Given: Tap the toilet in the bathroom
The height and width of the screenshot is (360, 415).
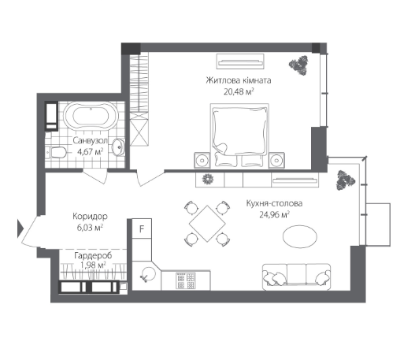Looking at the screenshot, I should point(57,151).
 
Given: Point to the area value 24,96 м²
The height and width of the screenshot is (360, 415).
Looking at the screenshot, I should point(272,213).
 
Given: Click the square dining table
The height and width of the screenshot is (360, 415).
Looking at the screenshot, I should point(207,222).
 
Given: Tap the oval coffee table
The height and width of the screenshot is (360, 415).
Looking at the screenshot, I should point(301,237).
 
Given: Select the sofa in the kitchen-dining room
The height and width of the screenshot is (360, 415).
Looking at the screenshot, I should point(293,276).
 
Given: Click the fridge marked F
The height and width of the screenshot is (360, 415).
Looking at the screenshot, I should point(142,229).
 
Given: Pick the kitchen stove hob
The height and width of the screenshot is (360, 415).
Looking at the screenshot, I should point(185,278).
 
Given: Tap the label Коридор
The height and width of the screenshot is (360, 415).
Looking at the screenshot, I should point(88,217).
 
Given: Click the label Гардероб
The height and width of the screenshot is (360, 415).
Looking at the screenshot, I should point(91,256).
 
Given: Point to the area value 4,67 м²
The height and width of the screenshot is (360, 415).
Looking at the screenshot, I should point(90,151).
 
